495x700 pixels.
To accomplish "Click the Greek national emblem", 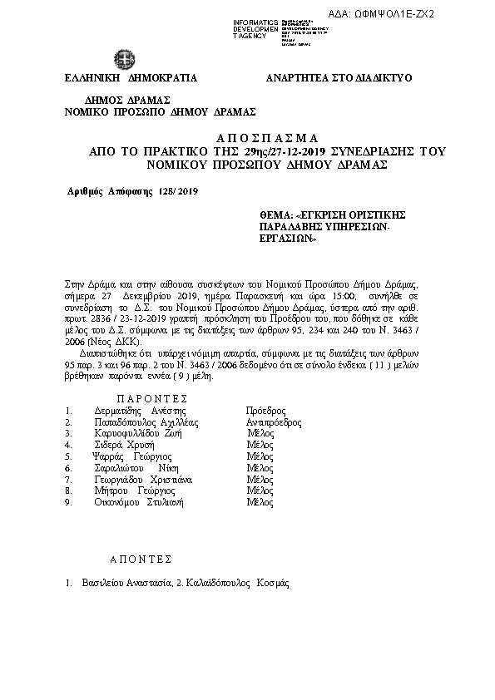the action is pyautogui.click(x=124, y=60).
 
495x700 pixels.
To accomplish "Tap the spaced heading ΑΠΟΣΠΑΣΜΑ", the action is pyautogui.click(x=247, y=137).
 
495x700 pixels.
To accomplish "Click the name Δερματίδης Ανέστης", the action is pyautogui.click(x=140, y=411).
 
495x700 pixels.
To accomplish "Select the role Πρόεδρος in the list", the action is pyautogui.click(x=266, y=411).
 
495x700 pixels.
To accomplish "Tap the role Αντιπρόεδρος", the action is pyautogui.click(x=274, y=422).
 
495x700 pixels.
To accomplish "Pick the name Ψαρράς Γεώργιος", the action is pyautogui.click(x=133, y=457).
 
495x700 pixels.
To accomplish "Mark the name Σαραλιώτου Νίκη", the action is pyautogui.click(x=134, y=469).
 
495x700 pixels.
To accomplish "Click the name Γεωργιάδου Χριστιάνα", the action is pyautogui.click(x=144, y=480).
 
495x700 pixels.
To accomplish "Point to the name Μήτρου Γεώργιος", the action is pyautogui.click(x=133, y=491).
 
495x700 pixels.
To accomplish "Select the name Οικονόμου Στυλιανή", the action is pyautogui.click(x=139, y=503).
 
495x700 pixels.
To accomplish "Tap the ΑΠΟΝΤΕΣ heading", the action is pyautogui.click(x=141, y=560).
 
